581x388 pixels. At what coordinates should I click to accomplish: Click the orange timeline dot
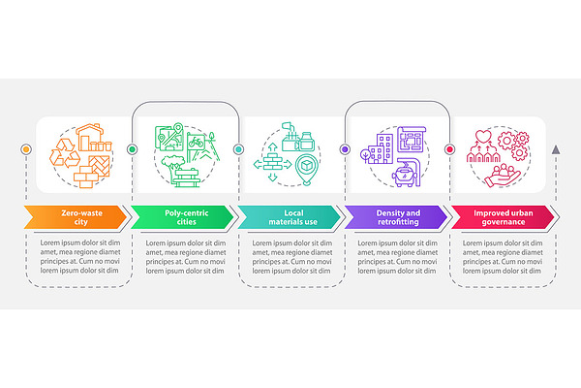[26, 149]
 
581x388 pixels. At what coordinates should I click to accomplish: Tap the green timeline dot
[132, 149]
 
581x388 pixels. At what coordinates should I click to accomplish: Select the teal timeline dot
[238, 149]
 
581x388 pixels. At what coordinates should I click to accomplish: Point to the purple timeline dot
[345, 149]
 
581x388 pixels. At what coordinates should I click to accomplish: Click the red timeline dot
[450, 149]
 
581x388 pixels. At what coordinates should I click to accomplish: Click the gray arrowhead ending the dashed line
[556, 149]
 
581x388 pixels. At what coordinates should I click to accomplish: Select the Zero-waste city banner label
[81, 217]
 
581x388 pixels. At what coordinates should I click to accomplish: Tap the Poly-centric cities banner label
[186, 217]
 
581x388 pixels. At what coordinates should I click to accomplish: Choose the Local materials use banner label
[293, 217]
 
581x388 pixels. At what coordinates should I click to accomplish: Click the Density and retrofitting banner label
[398, 217]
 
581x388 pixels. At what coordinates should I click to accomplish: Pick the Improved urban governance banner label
[504, 217]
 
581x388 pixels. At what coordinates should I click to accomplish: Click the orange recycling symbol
[65, 153]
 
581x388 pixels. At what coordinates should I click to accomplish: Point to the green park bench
[186, 178]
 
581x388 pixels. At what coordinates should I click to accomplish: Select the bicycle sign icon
[196, 143]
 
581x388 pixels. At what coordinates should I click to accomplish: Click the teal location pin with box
[307, 170]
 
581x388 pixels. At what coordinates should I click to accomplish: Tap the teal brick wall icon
[273, 162]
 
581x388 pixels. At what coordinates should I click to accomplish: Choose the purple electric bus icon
[407, 173]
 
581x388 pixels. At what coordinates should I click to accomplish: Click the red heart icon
[483, 136]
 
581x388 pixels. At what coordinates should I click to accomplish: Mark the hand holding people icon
[502, 176]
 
